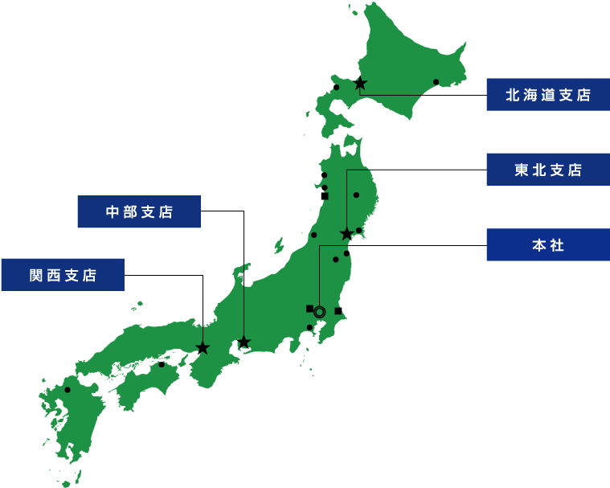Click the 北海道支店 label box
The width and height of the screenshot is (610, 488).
pos(547,95)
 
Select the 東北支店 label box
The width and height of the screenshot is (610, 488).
pos(547,170)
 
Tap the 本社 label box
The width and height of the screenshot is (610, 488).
pos(547,245)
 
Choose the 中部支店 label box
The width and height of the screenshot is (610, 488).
pos(139,212)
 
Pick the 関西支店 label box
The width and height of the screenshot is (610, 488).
pos(63,275)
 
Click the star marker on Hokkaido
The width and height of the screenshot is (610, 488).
pos(360,84)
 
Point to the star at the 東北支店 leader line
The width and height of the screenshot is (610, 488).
pos(346,234)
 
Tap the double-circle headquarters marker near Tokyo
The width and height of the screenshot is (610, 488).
pos(320,310)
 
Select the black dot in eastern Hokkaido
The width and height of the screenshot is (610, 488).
pos(436,81)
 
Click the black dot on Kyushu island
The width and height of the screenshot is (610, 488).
pos(68,390)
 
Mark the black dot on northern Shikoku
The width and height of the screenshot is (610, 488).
pos(162,364)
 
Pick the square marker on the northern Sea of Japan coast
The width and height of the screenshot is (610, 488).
pos(325,196)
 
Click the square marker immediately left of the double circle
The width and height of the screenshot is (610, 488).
pos(309,309)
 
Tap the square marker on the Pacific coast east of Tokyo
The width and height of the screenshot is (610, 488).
pos(338,310)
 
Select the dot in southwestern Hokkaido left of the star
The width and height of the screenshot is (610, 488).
pos(337,87)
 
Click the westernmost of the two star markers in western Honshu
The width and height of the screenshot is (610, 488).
pos(203,348)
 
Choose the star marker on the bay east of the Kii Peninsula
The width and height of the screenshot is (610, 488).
pos(244,342)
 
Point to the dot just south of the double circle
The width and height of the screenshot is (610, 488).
pos(309,327)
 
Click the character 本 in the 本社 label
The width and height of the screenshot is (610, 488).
pos(538,245)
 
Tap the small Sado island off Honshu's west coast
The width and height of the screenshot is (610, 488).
pos(280,244)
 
